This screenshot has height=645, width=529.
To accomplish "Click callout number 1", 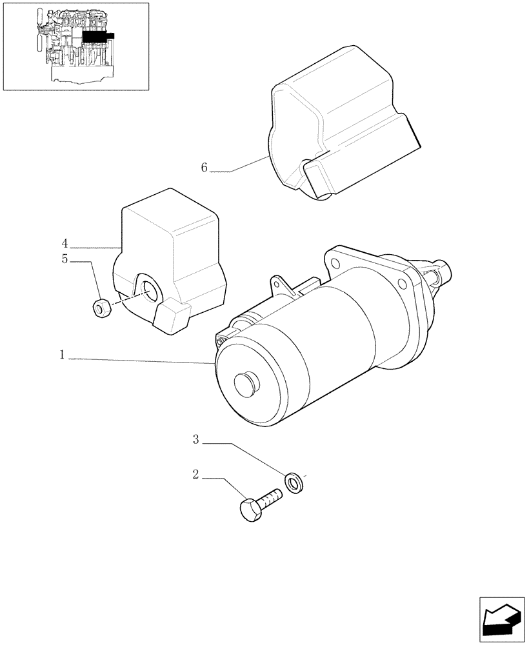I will (63, 355).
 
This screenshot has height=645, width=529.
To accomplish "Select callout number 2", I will (195, 475).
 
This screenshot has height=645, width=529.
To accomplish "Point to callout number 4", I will (65, 243).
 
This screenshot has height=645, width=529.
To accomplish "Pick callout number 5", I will (65, 261).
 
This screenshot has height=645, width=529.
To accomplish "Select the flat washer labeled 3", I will (295, 481).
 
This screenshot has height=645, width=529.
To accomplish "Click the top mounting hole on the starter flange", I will (334, 263).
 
